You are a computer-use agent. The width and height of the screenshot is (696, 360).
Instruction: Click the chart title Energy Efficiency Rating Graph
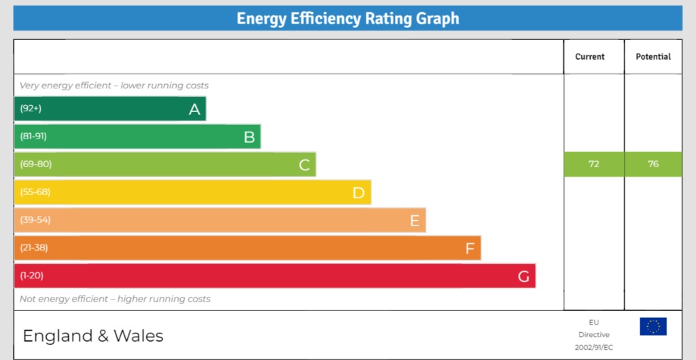[x=347, y=18]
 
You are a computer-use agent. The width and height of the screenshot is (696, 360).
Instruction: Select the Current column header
[x=589, y=57]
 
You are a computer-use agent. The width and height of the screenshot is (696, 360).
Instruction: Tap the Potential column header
[x=653, y=57]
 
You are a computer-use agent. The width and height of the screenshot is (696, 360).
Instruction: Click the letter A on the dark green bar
[x=194, y=109]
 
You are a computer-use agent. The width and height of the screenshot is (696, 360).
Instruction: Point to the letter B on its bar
[x=249, y=137]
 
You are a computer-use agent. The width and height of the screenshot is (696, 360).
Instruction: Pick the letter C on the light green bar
[x=304, y=165]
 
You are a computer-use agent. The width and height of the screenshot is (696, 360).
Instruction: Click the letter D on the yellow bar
[x=359, y=193]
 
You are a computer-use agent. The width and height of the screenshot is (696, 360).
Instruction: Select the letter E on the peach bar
[x=415, y=221]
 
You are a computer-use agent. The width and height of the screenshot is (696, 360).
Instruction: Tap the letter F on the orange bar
[x=470, y=249]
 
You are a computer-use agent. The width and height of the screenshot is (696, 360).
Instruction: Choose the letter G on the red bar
[x=523, y=276]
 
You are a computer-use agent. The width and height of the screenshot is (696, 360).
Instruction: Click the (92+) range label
[x=31, y=109]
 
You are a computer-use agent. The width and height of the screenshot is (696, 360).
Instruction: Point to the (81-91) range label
[x=33, y=137]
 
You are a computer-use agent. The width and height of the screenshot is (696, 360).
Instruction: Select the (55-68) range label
[x=35, y=192]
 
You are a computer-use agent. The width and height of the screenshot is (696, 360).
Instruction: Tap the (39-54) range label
[x=35, y=220]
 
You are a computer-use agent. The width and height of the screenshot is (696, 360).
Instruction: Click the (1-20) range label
[x=31, y=276]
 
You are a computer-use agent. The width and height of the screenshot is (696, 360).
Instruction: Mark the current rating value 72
[x=594, y=164]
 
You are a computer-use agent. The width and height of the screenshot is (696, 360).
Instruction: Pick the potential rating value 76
[x=653, y=164]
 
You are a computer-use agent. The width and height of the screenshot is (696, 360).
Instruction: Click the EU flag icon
[x=653, y=327]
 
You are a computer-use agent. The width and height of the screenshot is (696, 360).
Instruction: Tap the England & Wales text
[x=93, y=336]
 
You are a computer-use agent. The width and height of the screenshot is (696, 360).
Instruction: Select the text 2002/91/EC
[x=594, y=347]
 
